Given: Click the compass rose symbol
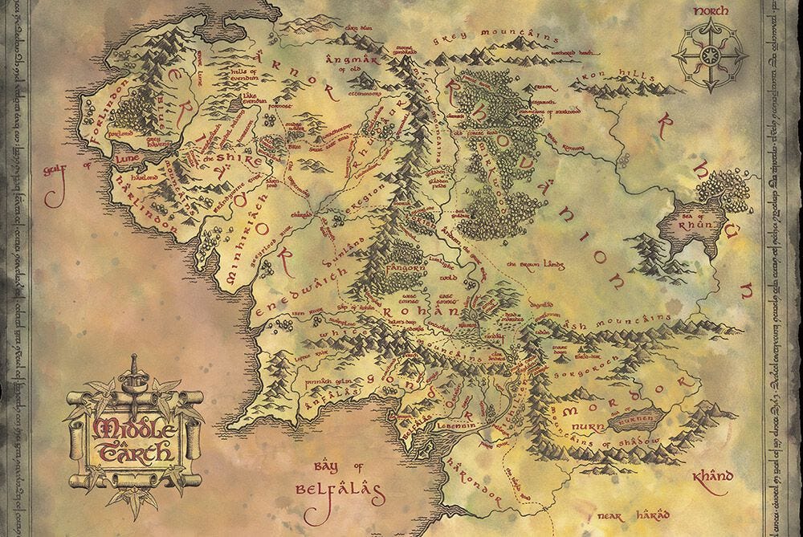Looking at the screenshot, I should pyautogui.click(x=710, y=54).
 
